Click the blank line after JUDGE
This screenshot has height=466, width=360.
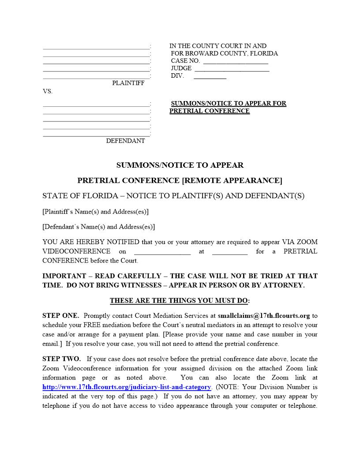click(232, 69)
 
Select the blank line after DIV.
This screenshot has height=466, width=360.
click(210, 77)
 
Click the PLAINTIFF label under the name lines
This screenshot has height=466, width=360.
click(128, 83)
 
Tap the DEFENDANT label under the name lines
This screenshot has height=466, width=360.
click(125, 141)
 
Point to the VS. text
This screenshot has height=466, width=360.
click(48, 91)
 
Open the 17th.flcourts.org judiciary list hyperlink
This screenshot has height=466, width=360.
click(127, 387)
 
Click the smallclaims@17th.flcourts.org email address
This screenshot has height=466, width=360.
click(263, 316)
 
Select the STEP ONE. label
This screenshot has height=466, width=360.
click(61, 316)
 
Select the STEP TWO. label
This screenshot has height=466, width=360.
click(62, 359)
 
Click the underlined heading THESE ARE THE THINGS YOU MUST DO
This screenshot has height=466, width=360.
click(180, 301)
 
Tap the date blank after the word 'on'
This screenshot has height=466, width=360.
click(162, 252)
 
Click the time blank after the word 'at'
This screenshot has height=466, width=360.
click(229, 252)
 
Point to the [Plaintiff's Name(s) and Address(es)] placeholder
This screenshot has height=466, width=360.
click(95, 211)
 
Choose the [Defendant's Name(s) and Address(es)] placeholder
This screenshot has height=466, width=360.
click(98, 227)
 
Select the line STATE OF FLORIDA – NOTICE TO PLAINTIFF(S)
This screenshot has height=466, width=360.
click(173, 195)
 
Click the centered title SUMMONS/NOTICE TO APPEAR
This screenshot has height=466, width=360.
click(180, 165)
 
